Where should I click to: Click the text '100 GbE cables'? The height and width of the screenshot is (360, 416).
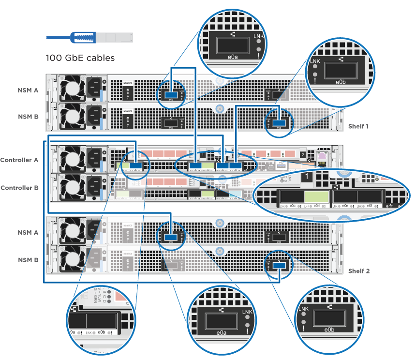[x=80, y=58]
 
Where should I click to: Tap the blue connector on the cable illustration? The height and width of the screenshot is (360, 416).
[x=81, y=37]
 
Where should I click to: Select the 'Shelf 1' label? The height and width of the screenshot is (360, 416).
[x=358, y=126]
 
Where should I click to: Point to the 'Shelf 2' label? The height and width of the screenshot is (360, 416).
[x=359, y=271]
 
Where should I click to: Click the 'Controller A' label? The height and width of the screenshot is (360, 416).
[x=19, y=160]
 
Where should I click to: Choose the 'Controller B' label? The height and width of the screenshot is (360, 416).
[x=19, y=188]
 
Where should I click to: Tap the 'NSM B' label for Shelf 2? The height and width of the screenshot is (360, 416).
[x=28, y=260]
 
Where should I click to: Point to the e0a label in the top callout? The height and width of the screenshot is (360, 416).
[x=233, y=57]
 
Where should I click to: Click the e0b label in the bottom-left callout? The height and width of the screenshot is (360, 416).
[x=102, y=332]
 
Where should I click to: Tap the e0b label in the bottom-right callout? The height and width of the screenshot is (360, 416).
[x=329, y=330]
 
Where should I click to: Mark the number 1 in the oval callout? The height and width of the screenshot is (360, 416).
[x=307, y=178]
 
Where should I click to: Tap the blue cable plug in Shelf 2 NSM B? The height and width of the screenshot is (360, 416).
[x=279, y=265]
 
